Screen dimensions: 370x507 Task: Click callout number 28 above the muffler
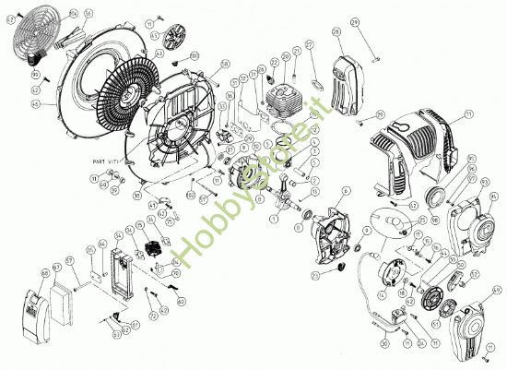click(336, 32)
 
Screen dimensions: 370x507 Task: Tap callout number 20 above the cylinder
click(274, 62)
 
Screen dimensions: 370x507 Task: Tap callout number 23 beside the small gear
click(314, 275)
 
